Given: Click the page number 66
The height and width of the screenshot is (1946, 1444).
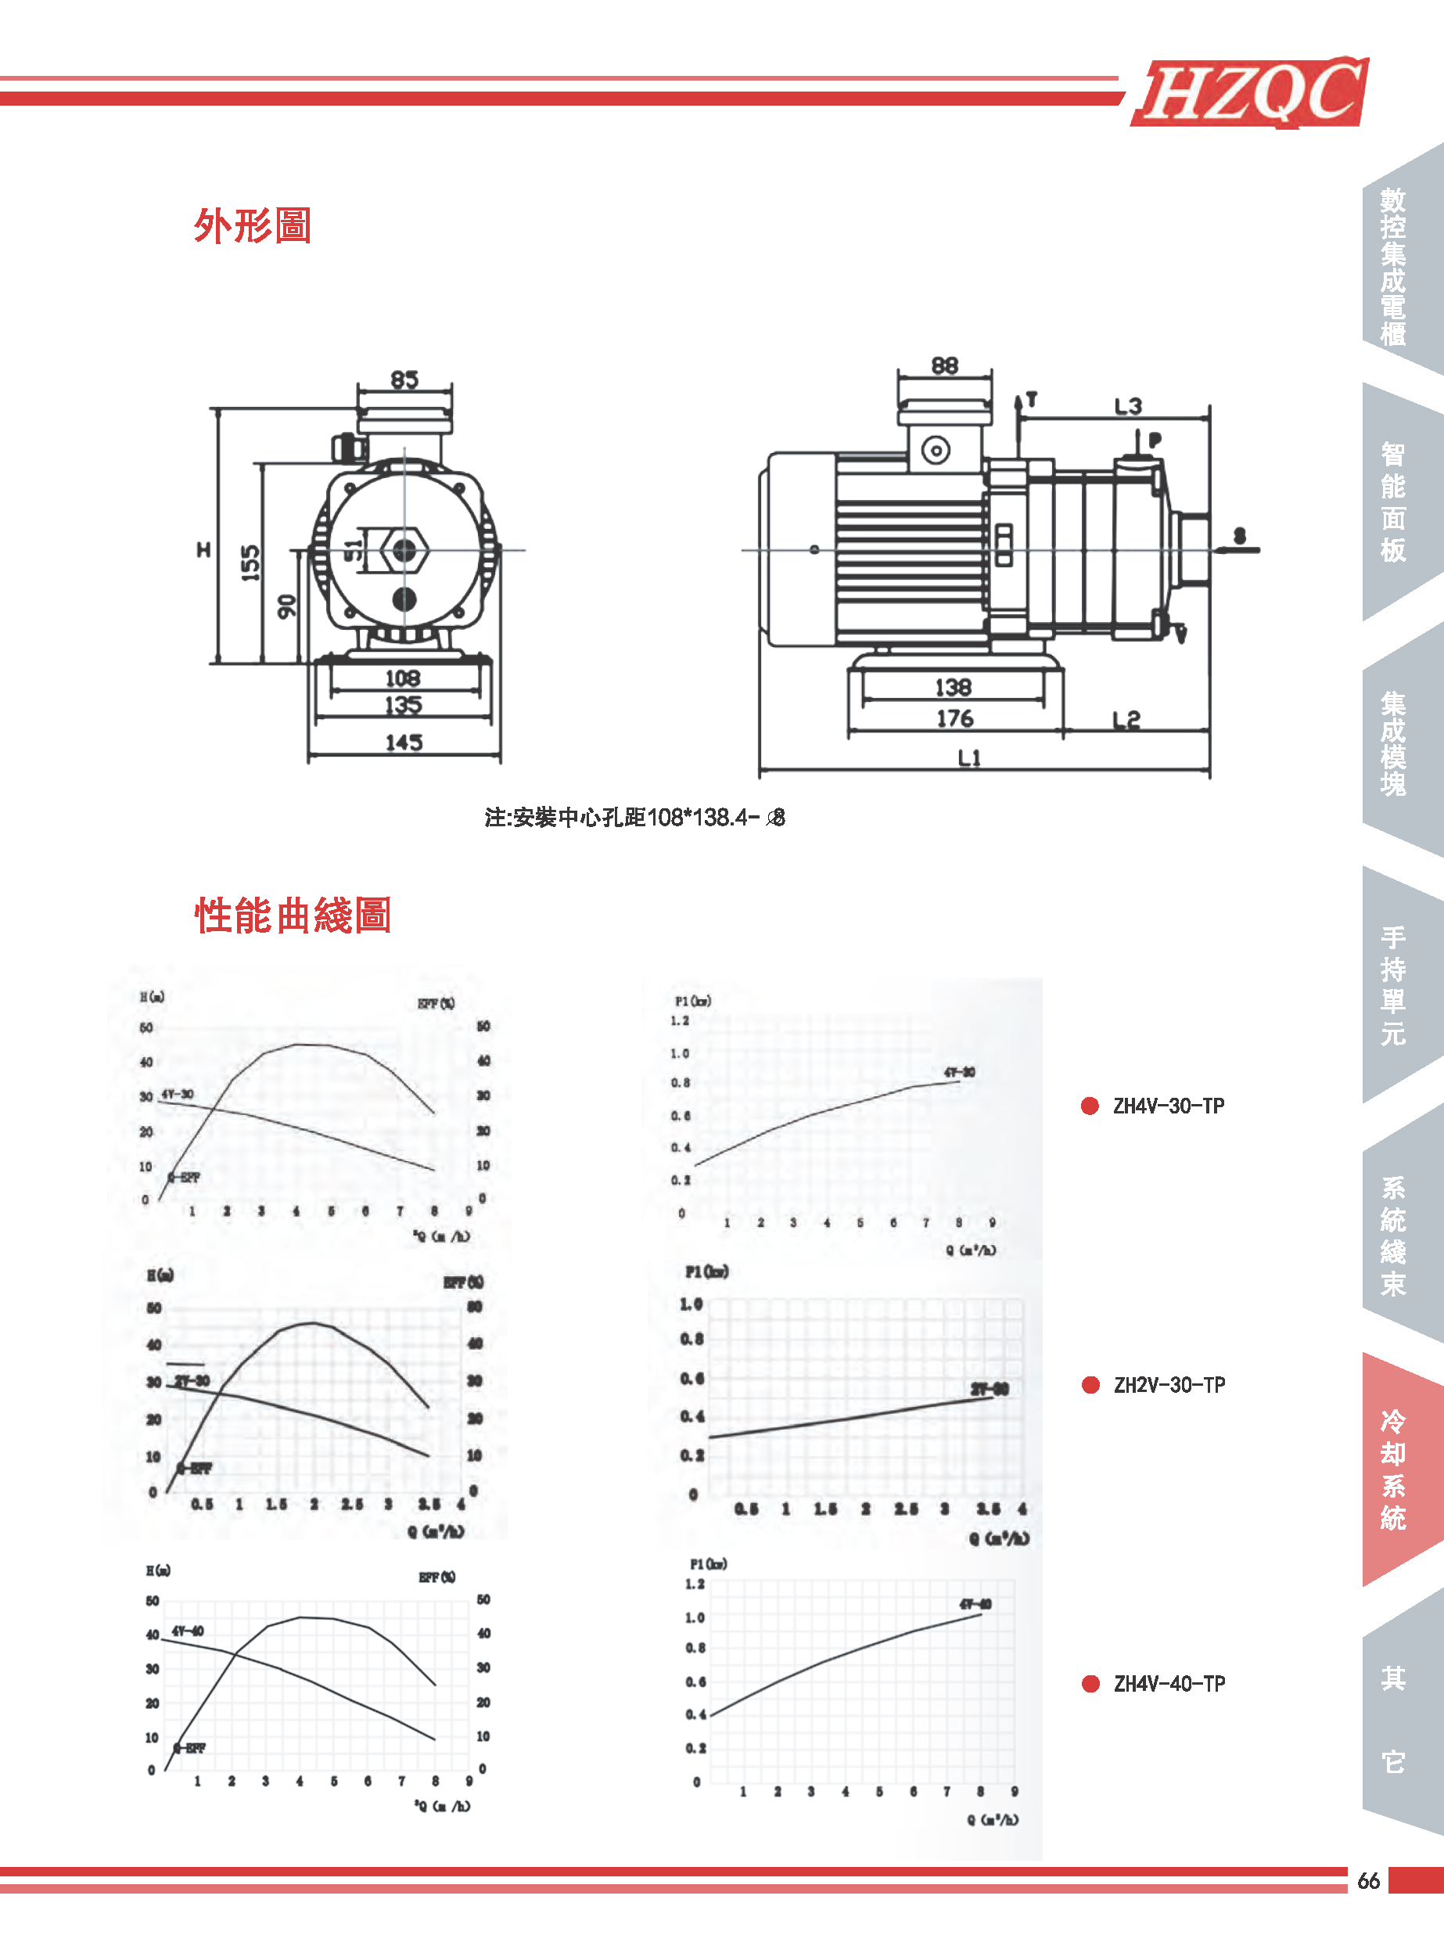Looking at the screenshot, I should point(1368,1881).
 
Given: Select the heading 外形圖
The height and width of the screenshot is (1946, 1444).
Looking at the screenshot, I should point(253,225).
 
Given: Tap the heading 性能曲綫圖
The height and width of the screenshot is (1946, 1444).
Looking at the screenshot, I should point(293,915).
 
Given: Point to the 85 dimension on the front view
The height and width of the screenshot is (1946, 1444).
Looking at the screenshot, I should point(404,379).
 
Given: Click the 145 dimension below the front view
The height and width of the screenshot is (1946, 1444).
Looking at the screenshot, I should point(404,743).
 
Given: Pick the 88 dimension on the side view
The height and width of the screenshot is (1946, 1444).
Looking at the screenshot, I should point(944,365).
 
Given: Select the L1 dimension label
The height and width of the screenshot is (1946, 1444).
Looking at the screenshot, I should point(969,757).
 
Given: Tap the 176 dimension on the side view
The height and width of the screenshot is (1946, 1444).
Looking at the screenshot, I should point(954,718).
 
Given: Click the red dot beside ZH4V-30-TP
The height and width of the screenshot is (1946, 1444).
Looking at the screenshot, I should point(1090,1106).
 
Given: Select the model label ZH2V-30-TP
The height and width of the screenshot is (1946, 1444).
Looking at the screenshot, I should point(1169,1385).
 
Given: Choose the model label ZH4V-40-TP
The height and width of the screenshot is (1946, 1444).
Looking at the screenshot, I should point(1169,1684).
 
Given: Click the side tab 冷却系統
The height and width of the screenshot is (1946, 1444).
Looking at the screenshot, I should point(1393,1469).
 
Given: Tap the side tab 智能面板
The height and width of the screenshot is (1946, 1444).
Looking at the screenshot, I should point(1393,502).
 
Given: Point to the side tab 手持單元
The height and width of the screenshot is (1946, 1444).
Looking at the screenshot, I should point(1393,985).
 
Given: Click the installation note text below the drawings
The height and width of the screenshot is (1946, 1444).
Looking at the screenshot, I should point(634,818).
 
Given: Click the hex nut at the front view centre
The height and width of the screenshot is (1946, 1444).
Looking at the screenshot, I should point(404,551).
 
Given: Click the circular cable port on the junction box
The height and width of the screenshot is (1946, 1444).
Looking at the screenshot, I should point(936,451).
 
